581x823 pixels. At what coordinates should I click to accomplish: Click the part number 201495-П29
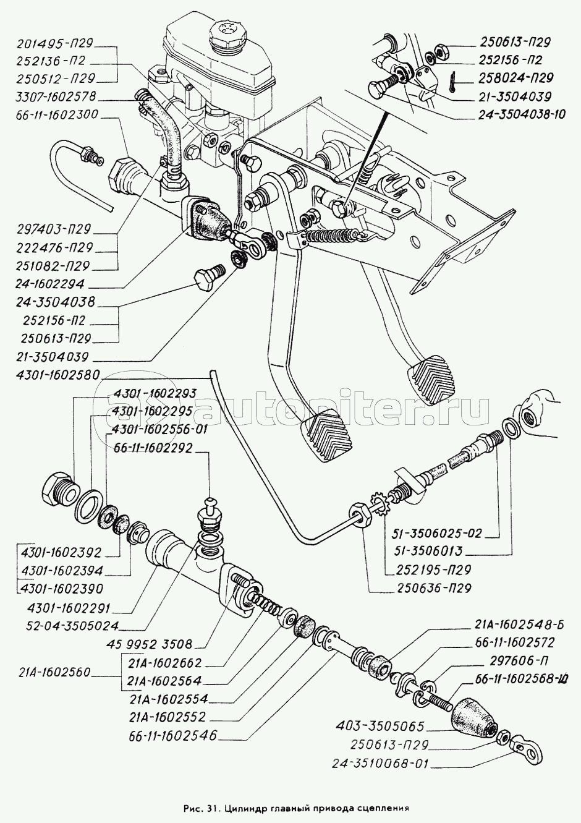click(x=55, y=43)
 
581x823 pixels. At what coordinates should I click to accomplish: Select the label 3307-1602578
click(x=56, y=97)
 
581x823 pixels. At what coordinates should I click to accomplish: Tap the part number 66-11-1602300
click(x=57, y=115)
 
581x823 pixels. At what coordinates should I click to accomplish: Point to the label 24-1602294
click(x=50, y=284)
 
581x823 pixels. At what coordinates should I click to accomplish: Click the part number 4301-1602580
click(x=57, y=375)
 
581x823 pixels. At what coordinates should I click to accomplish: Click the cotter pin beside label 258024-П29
click(x=454, y=82)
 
